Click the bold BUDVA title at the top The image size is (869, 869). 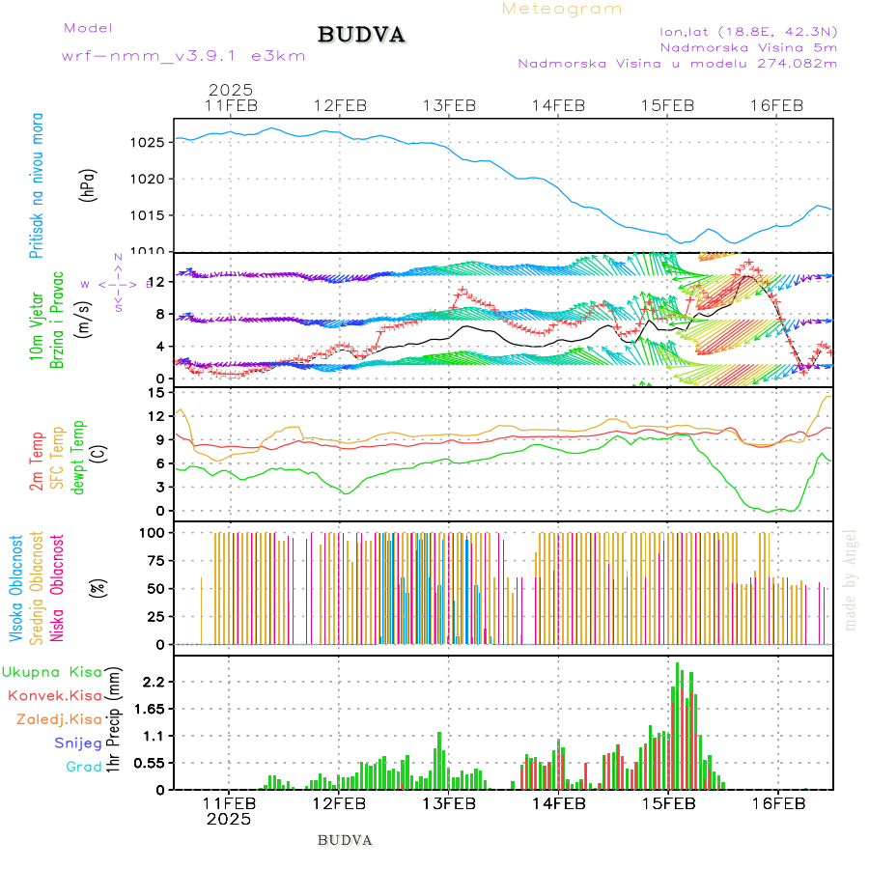[x=361, y=35]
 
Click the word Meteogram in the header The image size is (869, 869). [x=562, y=9]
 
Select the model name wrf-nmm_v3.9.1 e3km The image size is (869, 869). [x=182, y=56]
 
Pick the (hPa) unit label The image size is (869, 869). [x=88, y=184]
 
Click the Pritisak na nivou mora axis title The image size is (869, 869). [x=37, y=184]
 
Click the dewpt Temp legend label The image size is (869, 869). [x=78, y=453]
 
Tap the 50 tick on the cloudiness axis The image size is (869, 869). [x=155, y=588]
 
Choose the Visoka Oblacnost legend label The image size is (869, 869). [x=17, y=588]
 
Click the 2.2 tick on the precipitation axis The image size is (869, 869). [x=154, y=682]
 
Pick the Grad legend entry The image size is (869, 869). [x=83, y=767]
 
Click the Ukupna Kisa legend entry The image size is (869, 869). [x=53, y=671]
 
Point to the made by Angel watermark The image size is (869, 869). [x=851, y=579]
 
